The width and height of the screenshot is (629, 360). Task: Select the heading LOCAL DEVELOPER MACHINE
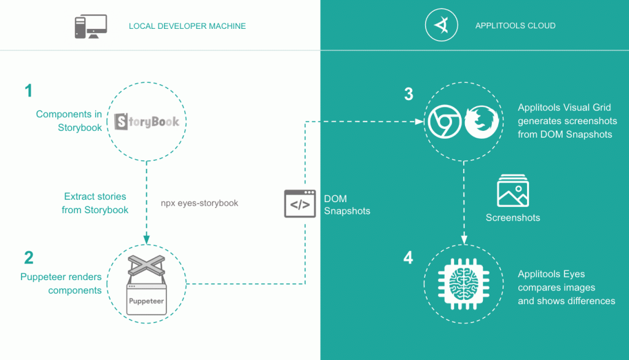click(187, 26)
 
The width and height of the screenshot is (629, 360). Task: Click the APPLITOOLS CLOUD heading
click(515, 26)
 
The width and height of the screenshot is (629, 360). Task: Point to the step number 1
click(28, 92)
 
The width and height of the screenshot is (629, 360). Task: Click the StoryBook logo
click(147, 121)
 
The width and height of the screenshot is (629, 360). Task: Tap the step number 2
click(29, 257)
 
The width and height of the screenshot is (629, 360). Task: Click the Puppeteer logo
click(147, 284)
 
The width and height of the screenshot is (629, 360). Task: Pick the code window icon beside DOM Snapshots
click(300, 204)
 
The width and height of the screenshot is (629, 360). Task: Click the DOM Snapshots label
click(347, 205)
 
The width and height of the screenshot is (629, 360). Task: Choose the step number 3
click(408, 94)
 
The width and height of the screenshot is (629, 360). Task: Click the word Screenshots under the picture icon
click(513, 217)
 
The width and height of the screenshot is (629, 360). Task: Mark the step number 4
click(408, 257)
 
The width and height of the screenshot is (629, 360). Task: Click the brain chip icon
click(463, 283)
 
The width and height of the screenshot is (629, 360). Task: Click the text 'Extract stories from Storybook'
click(95, 203)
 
